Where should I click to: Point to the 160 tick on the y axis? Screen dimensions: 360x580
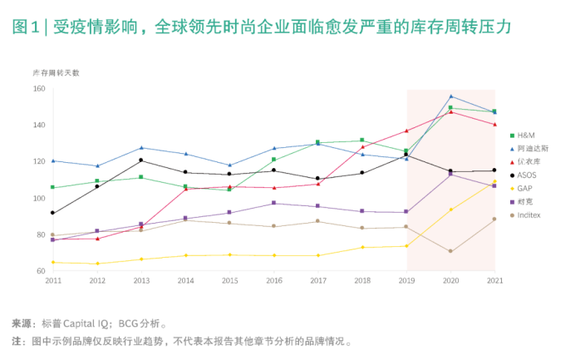click(x=39, y=89)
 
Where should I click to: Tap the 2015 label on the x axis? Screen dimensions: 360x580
click(x=229, y=281)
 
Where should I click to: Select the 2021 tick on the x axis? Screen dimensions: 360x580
click(x=494, y=281)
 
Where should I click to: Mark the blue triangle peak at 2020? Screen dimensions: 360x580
click(x=450, y=96)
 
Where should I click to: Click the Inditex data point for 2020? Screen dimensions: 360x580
click(x=450, y=251)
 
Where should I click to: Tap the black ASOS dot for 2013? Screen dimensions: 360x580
click(x=141, y=160)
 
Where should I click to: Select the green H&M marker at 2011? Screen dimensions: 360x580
click(x=53, y=187)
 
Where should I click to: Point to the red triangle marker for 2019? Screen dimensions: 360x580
click(x=406, y=131)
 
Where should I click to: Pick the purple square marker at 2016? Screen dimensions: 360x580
click(x=273, y=203)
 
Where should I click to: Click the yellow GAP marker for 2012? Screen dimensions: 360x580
click(x=97, y=264)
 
